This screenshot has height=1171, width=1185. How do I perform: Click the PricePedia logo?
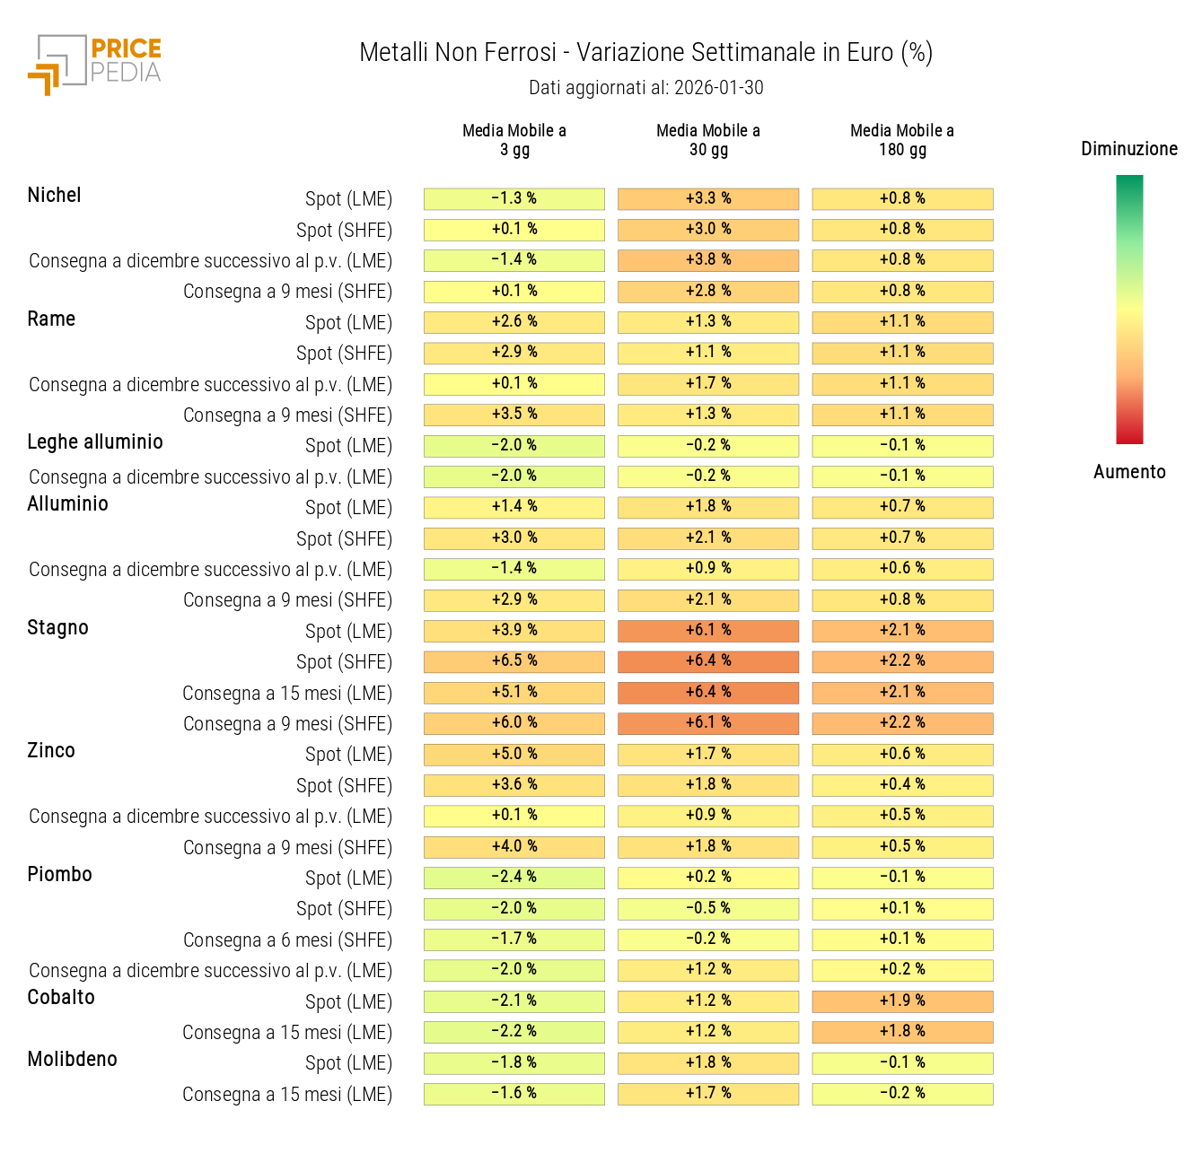click(x=94, y=65)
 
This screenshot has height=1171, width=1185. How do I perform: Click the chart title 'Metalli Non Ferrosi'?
click(x=458, y=53)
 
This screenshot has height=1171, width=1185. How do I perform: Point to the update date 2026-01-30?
click(x=718, y=88)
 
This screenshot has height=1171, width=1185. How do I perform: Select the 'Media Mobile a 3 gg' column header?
click(x=514, y=140)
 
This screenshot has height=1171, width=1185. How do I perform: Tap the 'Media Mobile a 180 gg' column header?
click(x=902, y=140)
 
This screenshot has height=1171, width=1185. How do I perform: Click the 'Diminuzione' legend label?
click(x=1128, y=149)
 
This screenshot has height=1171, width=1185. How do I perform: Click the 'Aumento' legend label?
click(x=1128, y=472)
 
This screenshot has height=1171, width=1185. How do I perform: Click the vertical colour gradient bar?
click(x=1129, y=310)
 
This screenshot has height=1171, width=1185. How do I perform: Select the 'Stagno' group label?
click(x=57, y=627)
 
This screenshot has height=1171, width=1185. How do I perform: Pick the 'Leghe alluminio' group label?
click(x=95, y=441)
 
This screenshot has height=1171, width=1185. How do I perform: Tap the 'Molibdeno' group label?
click(x=72, y=1059)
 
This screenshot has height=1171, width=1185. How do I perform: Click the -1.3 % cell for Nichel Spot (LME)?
click(x=514, y=198)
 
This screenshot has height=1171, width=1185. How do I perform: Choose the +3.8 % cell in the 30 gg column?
click(x=708, y=260)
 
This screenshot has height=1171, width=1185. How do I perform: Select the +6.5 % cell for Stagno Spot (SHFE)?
click(x=514, y=661)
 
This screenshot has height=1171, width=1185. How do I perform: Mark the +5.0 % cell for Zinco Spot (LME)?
click(x=514, y=754)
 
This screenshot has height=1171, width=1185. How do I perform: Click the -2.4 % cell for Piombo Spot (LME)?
click(x=514, y=877)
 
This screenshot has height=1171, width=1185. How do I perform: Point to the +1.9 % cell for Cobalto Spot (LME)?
click(x=902, y=1001)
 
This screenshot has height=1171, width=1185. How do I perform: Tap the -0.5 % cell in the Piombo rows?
click(x=708, y=908)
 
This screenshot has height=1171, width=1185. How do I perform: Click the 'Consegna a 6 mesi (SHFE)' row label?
click(x=287, y=939)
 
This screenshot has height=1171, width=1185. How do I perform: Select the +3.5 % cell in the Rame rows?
click(x=514, y=415)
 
